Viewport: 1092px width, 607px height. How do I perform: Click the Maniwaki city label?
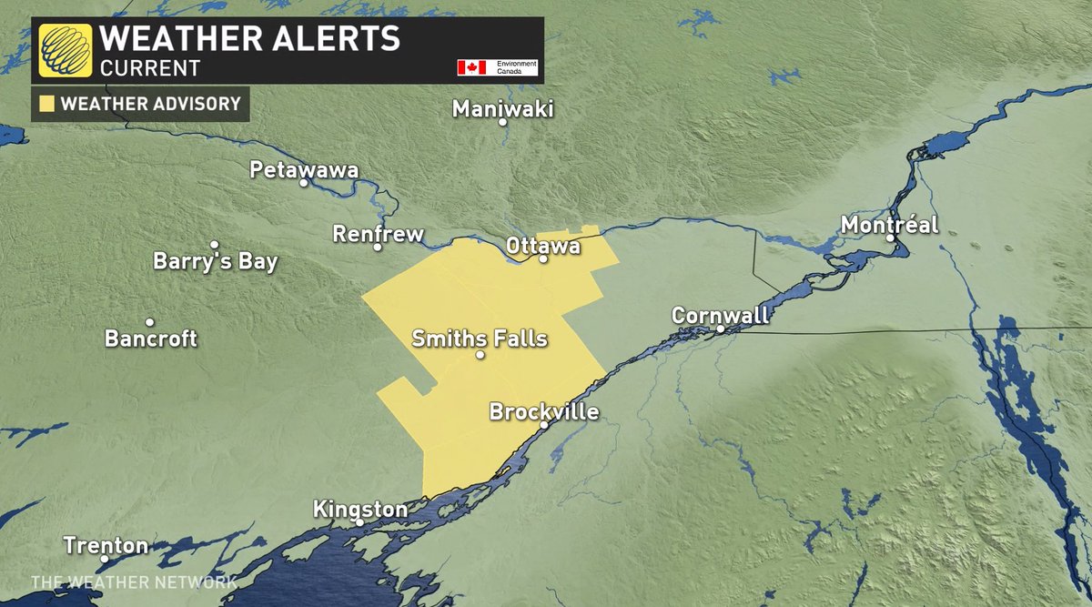[x=502, y=109]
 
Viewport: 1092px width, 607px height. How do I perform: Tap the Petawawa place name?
[x=304, y=170]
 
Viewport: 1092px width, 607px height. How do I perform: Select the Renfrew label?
[x=378, y=234]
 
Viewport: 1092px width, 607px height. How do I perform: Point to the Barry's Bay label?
[x=215, y=262]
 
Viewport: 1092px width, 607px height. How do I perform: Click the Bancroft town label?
[x=150, y=339]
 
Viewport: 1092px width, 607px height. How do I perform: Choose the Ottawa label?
[x=543, y=246]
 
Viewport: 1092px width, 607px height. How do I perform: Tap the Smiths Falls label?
[x=480, y=339]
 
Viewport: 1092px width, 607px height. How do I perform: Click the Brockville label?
[x=543, y=412]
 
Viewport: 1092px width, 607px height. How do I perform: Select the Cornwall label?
[x=720, y=315]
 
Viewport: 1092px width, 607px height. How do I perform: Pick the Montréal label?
[x=889, y=225]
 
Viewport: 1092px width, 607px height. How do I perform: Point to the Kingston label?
[x=359, y=510]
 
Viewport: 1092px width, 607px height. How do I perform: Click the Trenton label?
[x=106, y=546]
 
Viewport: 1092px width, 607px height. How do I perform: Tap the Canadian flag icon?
[x=471, y=68]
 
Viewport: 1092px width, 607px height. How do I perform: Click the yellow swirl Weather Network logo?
[x=65, y=51]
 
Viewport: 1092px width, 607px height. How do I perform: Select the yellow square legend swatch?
[x=44, y=104]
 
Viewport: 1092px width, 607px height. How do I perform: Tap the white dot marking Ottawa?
[x=543, y=259]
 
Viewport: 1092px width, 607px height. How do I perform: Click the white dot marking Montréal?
[x=892, y=238]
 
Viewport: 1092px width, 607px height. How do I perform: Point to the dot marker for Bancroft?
[x=149, y=322]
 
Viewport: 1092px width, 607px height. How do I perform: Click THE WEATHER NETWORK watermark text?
[x=134, y=582]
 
